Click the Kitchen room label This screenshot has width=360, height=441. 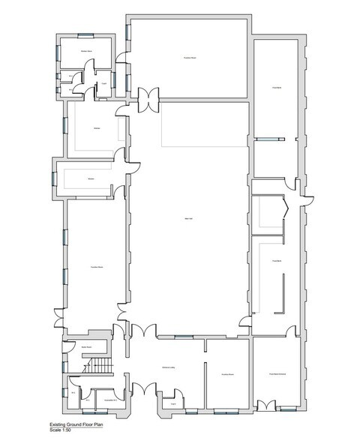coord(97,129)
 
